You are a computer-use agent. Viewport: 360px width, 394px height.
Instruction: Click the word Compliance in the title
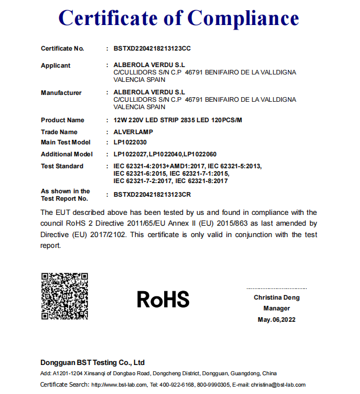point(243,18)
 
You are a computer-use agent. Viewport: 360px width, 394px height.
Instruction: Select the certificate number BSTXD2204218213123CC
point(152,48)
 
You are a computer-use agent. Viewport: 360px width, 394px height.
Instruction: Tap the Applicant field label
point(56,65)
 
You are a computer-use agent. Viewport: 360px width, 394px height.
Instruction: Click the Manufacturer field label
point(61,93)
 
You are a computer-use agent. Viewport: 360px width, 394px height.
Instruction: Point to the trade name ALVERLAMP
point(133,132)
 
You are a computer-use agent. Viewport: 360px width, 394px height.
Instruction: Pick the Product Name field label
point(62,120)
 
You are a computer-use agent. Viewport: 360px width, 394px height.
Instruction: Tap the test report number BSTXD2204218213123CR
point(152,194)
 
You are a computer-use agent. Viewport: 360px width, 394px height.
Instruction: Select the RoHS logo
point(163,298)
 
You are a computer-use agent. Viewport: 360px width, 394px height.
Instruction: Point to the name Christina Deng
point(277,297)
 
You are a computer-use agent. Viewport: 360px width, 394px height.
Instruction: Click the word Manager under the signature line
point(277,308)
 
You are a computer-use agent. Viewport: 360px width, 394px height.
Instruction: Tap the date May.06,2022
point(277,320)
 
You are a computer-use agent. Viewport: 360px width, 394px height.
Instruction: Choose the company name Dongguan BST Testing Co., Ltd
point(93,362)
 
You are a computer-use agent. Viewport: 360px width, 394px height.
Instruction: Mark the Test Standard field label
point(62,166)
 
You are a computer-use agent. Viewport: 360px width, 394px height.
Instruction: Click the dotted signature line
point(277,289)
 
